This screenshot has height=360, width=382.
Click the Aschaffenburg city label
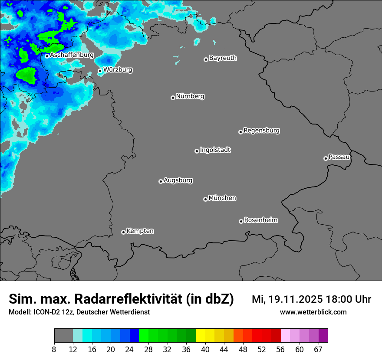(x=72, y=55)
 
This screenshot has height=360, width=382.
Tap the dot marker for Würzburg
(x=100, y=71)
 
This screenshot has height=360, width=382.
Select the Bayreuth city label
(x=223, y=58)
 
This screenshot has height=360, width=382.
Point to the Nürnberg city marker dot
(x=173, y=98)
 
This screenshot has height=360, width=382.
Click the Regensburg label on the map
(x=261, y=130)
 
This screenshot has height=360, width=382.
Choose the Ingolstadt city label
(x=215, y=150)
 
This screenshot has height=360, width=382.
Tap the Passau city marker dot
(x=326, y=158)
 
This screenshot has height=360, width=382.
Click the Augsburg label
(x=178, y=180)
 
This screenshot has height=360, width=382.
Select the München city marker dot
(x=205, y=199)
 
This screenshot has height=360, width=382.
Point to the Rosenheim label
(x=260, y=220)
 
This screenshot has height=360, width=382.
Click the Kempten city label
(x=140, y=231)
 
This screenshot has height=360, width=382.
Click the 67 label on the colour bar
(x=318, y=350)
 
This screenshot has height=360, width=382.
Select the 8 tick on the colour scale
(x=54, y=350)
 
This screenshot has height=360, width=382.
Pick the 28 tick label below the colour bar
(x=148, y=350)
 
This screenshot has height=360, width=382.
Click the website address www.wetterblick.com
(x=313, y=312)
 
